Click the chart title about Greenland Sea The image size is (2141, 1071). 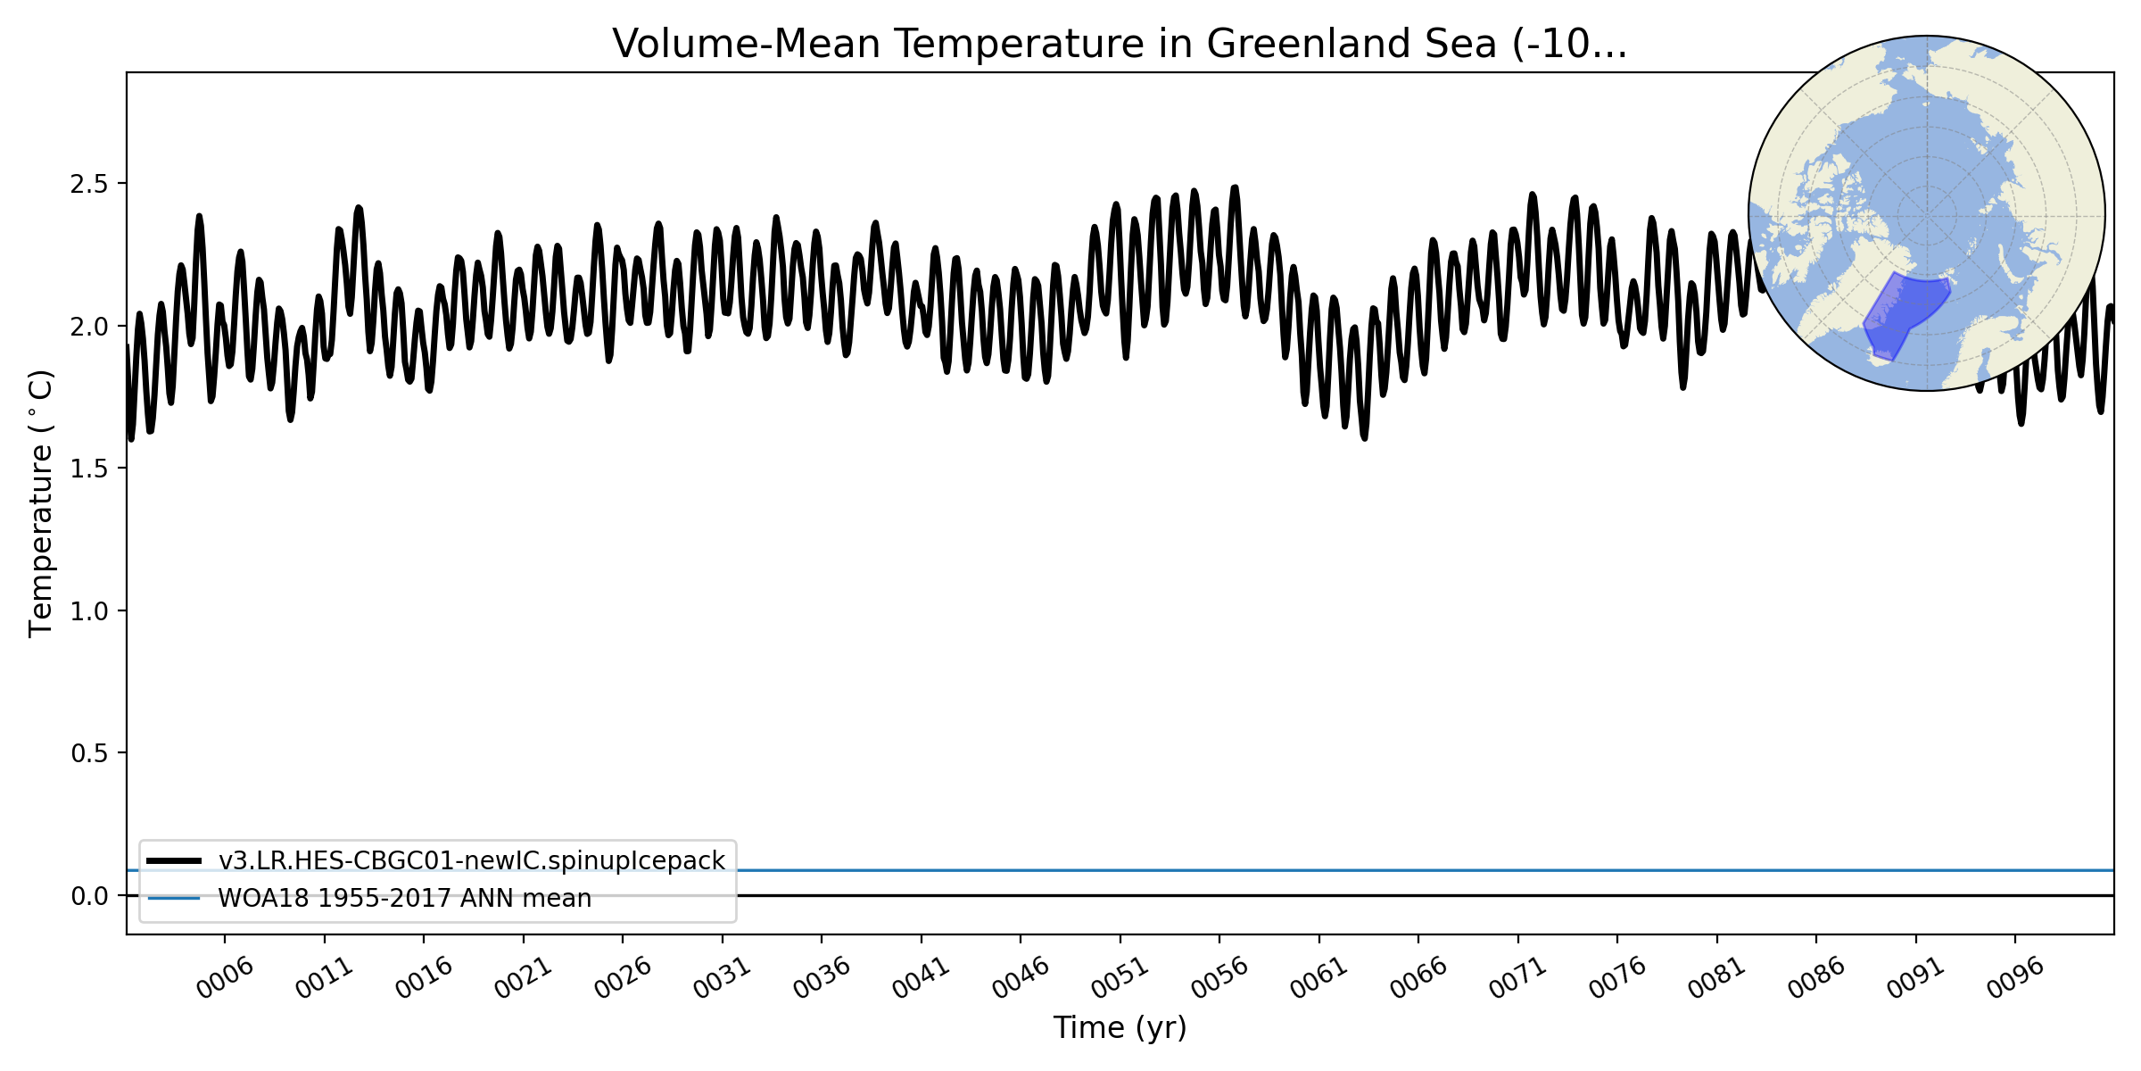click(1120, 44)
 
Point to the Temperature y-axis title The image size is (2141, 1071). click(41, 503)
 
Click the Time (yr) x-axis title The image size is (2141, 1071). click(1120, 1027)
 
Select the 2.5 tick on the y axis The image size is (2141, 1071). click(88, 184)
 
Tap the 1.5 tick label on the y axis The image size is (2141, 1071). click(88, 469)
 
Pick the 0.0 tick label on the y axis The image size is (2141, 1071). click(88, 896)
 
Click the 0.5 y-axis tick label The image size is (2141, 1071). click(88, 753)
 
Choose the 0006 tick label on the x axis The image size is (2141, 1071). click(226, 978)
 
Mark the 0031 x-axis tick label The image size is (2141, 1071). click(723, 978)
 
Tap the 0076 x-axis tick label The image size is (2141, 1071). click(1617, 978)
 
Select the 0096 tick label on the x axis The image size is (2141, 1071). click(2015, 978)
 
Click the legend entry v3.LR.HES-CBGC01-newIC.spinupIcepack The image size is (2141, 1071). click(471, 860)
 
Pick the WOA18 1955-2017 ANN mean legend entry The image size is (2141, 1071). click(404, 898)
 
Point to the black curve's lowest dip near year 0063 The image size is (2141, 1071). click(1364, 437)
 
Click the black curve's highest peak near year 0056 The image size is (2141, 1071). click(1236, 187)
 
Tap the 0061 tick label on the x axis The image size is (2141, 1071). click(1319, 978)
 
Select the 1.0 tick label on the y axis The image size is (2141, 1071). click(88, 611)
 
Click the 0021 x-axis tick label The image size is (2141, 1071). click(524, 978)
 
